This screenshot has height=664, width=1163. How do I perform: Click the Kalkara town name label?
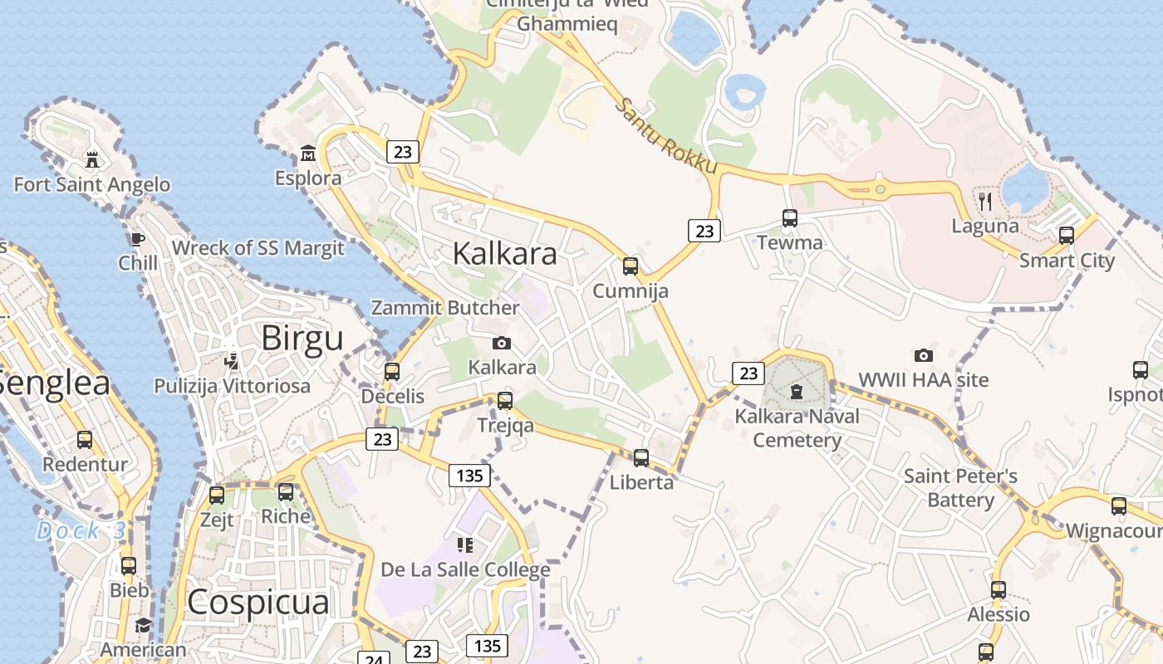(x=504, y=254)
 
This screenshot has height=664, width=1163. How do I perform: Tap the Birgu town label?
(x=302, y=339)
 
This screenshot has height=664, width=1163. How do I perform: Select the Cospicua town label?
(x=258, y=603)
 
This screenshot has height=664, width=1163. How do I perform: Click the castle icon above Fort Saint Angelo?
(x=92, y=159)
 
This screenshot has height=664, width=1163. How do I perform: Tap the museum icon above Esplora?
(x=308, y=153)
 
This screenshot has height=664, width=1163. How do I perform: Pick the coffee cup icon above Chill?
(x=138, y=240)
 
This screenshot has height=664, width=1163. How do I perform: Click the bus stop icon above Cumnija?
(x=631, y=266)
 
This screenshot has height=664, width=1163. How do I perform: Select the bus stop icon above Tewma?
(x=790, y=218)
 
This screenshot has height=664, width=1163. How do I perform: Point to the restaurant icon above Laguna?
(x=985, y=200)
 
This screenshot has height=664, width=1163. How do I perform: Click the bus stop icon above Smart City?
(x=1067, y=236)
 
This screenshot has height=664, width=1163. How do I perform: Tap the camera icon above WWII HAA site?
(x=923, y=355)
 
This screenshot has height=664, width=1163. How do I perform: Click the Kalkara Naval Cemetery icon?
(x=797, y=391)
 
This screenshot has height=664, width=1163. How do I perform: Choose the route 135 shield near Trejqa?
(x=469, y=476)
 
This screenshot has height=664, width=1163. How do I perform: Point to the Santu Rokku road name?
(x=667, y=137)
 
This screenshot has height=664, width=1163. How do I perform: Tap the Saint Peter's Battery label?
(x=960, y=488)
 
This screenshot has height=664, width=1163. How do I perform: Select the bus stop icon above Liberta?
(x=640, y=457)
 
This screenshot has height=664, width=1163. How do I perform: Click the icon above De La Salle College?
(x=465, y=545)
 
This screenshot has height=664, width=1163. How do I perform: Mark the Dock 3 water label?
(x=80, y=531)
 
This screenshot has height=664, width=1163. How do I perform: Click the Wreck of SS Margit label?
(x=258, y=248)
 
